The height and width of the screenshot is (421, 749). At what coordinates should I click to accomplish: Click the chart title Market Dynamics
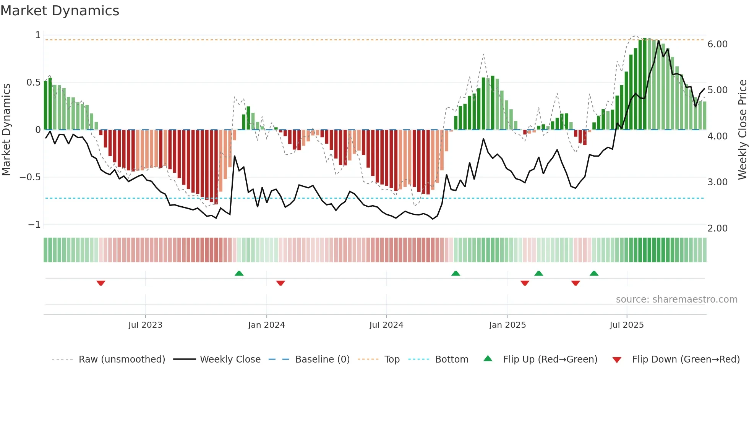[60, 11]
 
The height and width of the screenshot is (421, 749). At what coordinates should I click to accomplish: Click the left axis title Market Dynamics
[6, 130]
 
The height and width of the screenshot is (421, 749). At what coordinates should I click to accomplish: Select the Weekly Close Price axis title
[742, 130]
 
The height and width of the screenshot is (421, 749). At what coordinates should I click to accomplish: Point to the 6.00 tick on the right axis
[717, 44]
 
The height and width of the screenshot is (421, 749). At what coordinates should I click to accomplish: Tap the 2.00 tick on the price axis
[717, 228]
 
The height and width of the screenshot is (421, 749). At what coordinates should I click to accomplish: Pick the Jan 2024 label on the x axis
[266, 325]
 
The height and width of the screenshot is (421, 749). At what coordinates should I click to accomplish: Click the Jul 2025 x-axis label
[626, 325]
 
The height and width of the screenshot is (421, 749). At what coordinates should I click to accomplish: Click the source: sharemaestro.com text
[676, 300]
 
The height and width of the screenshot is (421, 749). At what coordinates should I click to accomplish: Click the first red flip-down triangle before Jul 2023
[101, 283]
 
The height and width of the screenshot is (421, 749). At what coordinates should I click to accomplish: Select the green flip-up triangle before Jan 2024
[239, 273]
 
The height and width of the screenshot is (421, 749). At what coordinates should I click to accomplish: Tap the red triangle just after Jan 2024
[280, 283]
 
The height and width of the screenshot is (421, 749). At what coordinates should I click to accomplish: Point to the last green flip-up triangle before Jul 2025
[594, 273]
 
